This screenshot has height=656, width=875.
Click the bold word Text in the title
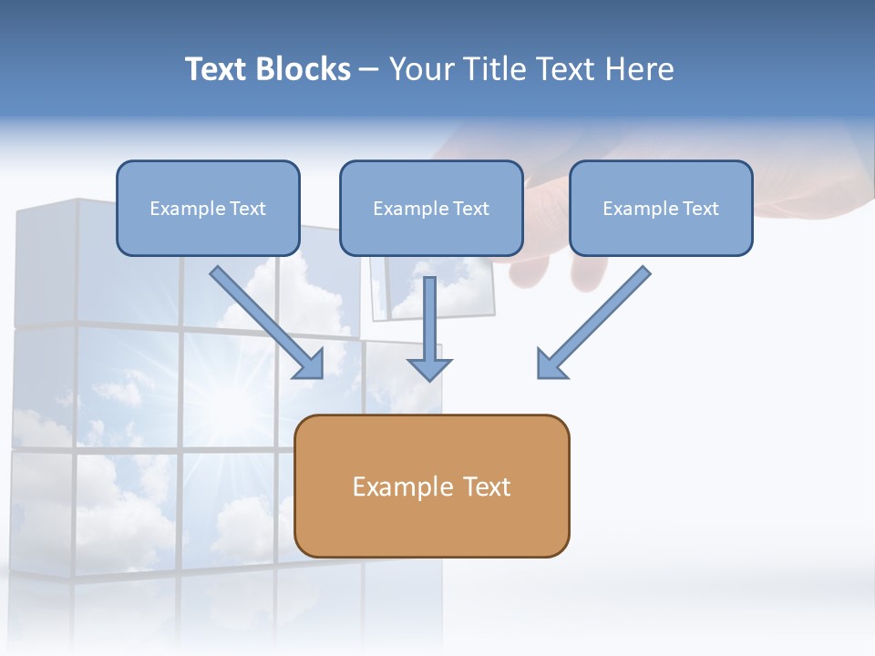[x=216, y=69]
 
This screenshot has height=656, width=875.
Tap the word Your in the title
[x=423, y=69]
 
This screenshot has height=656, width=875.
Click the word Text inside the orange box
[x=488, y=487]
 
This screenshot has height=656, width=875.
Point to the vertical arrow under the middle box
[x=429, y=319]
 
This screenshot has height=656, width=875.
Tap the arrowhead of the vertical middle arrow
[x=429, y=369]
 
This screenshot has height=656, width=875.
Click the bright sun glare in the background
[x=223, y=401]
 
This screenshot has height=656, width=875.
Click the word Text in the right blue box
[x=700, y=209]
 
